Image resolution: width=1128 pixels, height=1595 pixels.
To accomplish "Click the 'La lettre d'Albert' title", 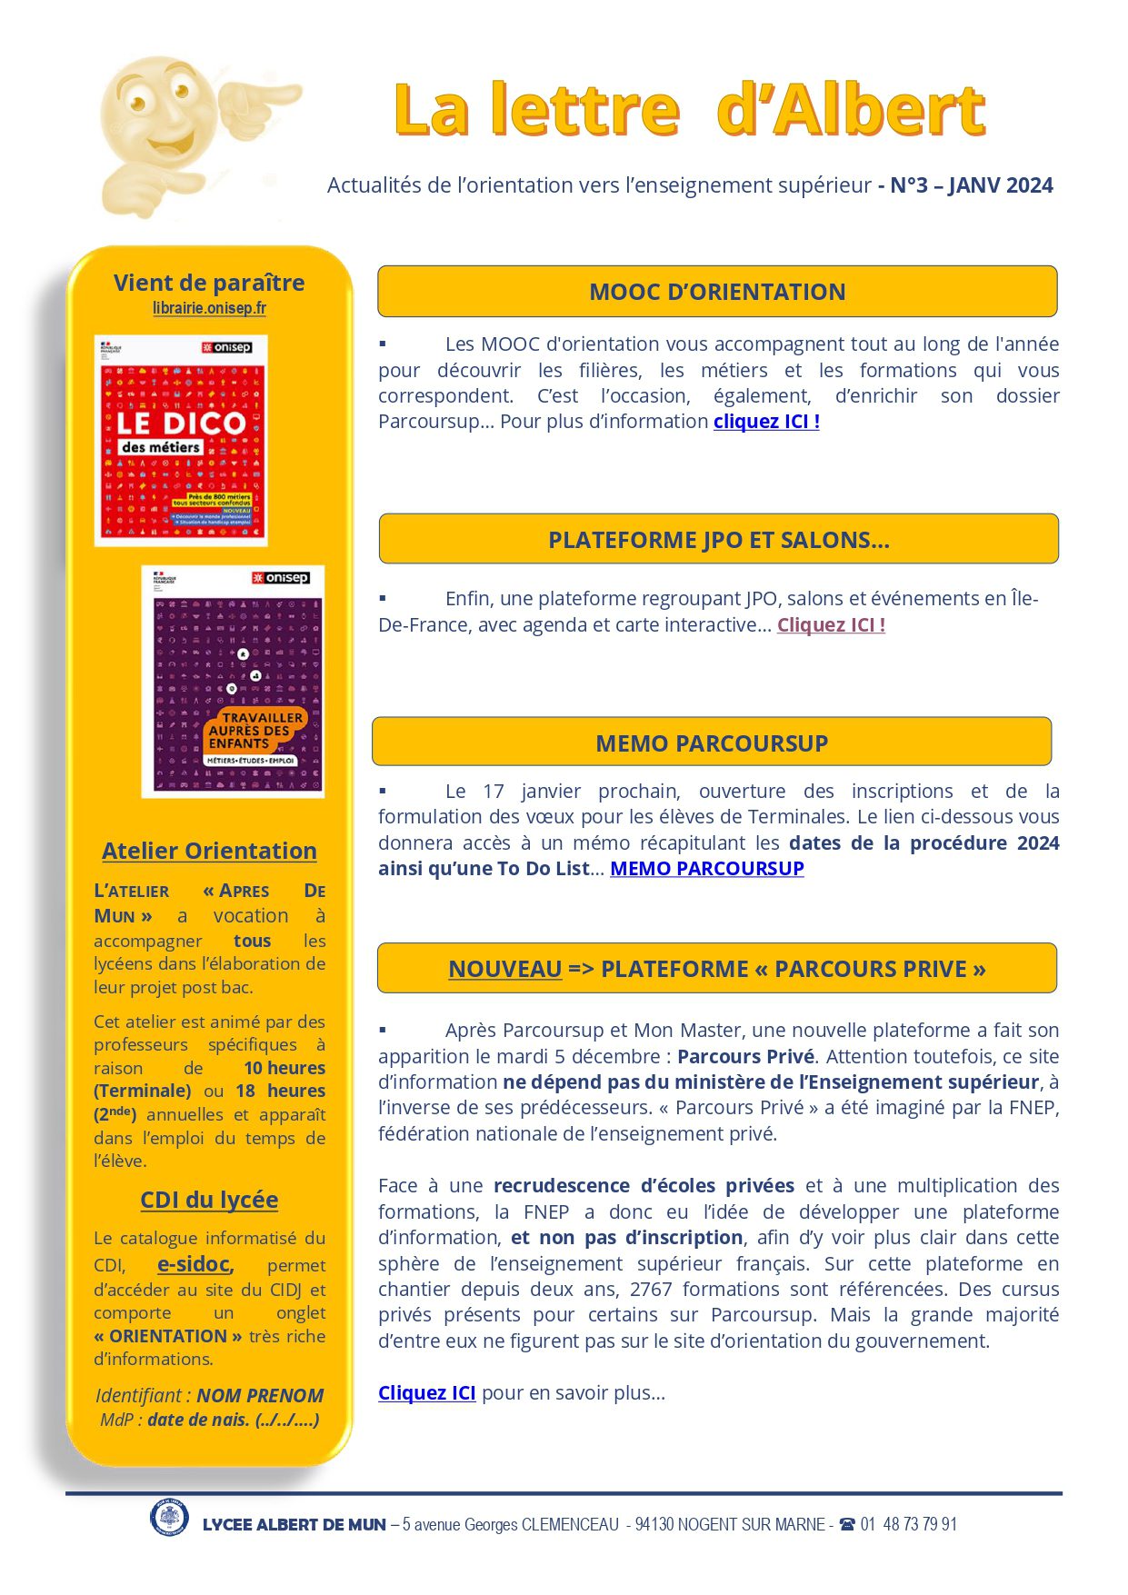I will pyautogui.click(x=690, y=110).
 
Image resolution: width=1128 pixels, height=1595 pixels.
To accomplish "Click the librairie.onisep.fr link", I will pyautogui.click(x=209, y=308).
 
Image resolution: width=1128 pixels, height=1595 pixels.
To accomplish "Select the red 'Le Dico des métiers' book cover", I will pyautogui.click(x=181, y=441).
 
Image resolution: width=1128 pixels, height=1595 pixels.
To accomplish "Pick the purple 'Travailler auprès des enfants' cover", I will pyautogui.click(x=233, y=682).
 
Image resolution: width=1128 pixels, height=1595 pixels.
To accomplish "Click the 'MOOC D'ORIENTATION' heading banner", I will pyautogui.click(x=717, y=292).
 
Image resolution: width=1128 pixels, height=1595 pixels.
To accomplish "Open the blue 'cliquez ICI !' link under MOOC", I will pyautogui.click(x=766, y=422).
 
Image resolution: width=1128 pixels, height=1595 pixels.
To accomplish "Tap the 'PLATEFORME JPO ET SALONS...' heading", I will pyautogui.click(x=718, y=540).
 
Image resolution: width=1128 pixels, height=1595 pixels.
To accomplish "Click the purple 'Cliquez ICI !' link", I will pyautogui.click(x=831, y=625).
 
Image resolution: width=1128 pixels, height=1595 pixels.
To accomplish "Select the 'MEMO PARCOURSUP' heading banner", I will pyautogui.click(x=712, y=743).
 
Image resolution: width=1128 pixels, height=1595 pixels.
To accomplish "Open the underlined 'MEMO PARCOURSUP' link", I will pyautogui.click(x=706, y=869).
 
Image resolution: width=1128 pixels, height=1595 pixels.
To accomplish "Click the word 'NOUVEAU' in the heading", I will pyautogui.click(x=504, y=970).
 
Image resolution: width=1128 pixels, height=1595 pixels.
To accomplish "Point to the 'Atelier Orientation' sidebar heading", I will pyautogui.click(x=209, y=851).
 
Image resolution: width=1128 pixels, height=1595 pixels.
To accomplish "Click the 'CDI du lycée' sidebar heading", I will pyautogui.click(x=209, y=1200).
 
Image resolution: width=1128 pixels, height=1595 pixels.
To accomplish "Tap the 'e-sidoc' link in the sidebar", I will pyautogui.click(x=195, y=1264).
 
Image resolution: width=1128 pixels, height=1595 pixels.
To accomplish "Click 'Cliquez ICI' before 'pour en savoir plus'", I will pyautogui.click(x=426, y=1393).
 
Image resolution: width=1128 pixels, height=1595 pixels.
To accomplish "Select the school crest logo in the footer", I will pyautogui.click(x=169, y=1518).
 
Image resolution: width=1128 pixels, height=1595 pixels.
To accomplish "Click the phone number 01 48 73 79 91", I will pyautogui.click(x=908, y=1524).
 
